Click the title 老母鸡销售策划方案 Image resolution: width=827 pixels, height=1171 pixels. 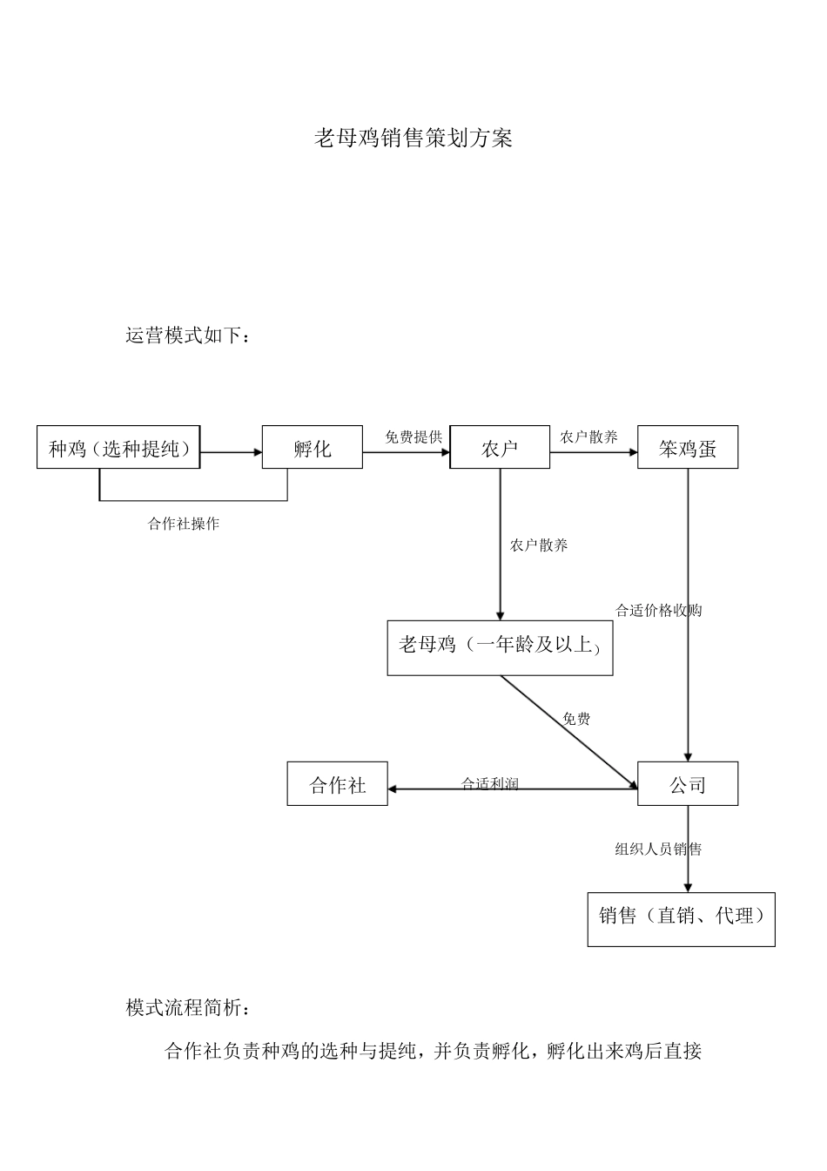(413, 139)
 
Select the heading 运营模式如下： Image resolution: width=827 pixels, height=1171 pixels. (188, 336)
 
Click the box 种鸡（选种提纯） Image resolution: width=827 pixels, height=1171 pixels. (118, 448)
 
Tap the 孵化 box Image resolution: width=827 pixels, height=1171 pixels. (313, 448)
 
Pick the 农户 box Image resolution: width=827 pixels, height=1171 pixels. (500, 448)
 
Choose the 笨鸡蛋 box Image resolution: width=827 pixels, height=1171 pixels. (688, 448)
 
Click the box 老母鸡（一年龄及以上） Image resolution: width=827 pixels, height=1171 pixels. (500, 647)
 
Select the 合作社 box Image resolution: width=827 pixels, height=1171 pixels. (338, 784)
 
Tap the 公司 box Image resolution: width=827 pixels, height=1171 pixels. (688, 784)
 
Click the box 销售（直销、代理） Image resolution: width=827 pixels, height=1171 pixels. (682, 918)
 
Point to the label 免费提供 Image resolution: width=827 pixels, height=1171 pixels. (413, 437)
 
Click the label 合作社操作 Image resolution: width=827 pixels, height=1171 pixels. (184, 524)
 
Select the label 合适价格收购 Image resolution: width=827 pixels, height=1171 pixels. (658, 610)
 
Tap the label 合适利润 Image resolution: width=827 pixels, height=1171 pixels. (490, 782)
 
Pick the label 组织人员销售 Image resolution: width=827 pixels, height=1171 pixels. (658, 849)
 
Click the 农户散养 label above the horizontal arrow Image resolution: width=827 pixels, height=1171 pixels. (588, 437)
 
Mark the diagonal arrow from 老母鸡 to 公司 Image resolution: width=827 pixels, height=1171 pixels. (568, 731)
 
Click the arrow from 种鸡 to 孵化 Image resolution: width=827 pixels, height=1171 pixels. (232, 452)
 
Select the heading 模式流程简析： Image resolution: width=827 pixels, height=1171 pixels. (190, 1009)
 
